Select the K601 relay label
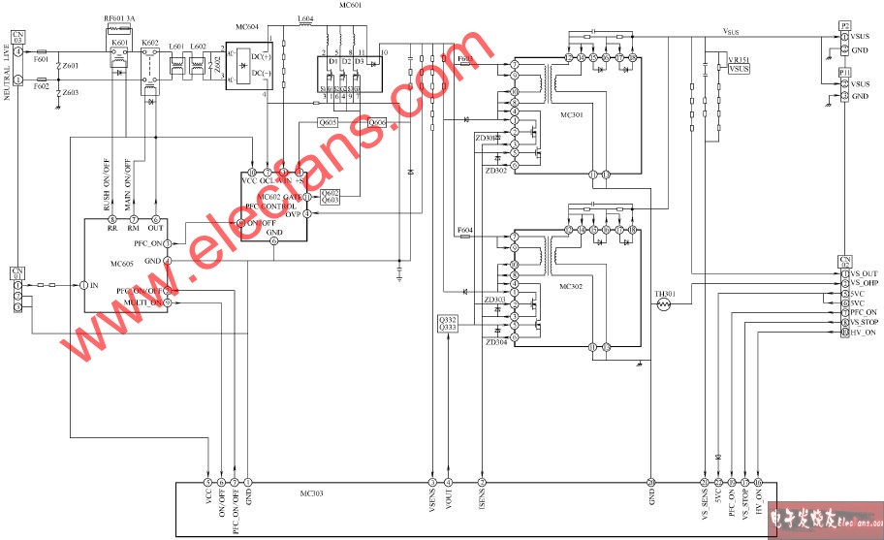tap(120, 44)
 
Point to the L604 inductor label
tap(305, 19)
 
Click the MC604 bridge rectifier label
tap(247, 27)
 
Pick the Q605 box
tap(329, 123)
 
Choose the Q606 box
tap(377, 123)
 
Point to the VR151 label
tap(739, 60)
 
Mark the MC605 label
tap(122, 264)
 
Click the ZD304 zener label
tap(496, 342)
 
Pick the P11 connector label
tap(845, 73)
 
